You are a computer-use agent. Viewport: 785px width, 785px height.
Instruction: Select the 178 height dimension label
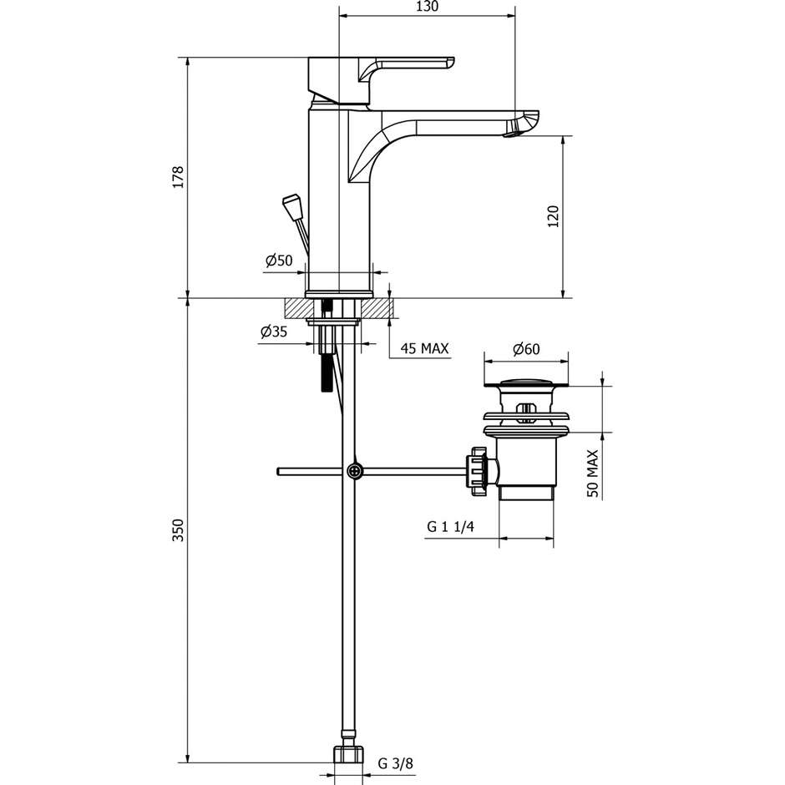pyautogui.click(x=177, y=177)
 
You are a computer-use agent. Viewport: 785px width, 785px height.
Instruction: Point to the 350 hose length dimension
pyautogui.click(x=177, y=531)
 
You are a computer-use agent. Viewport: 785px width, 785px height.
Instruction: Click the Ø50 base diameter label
pyautogui.click(x=279, y=261)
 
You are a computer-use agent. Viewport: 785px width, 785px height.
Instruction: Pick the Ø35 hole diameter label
pyautogui.click(x=274, y=332)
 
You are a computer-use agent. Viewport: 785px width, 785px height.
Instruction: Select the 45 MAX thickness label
pyautogui.click(x=424, y=347)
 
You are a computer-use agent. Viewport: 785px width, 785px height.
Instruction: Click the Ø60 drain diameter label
pyautogui.click(x=526, y=348)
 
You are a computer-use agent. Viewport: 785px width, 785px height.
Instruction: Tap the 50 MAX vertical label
pyautogui.click(x=592, y=473)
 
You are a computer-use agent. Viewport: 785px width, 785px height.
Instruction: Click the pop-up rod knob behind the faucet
pyautogui.click(x=291, y=205)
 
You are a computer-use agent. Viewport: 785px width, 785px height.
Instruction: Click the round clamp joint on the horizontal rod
pyautogui.click(x=357, y=471)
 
